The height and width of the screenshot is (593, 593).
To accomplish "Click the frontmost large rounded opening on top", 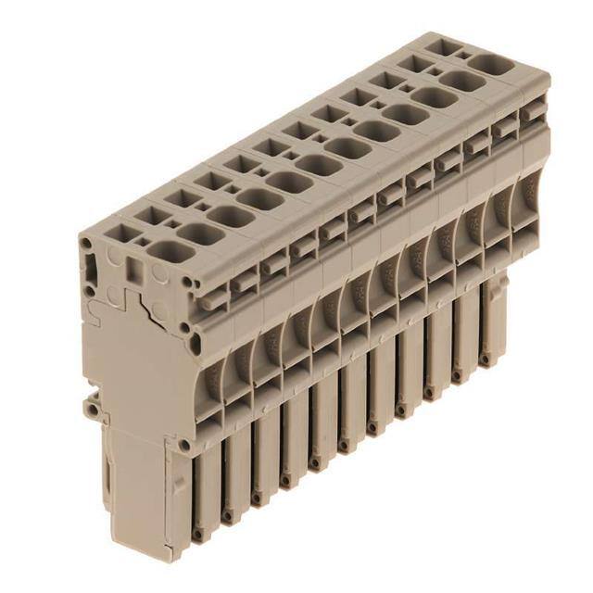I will pyautogui.click(x=165, y=248).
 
